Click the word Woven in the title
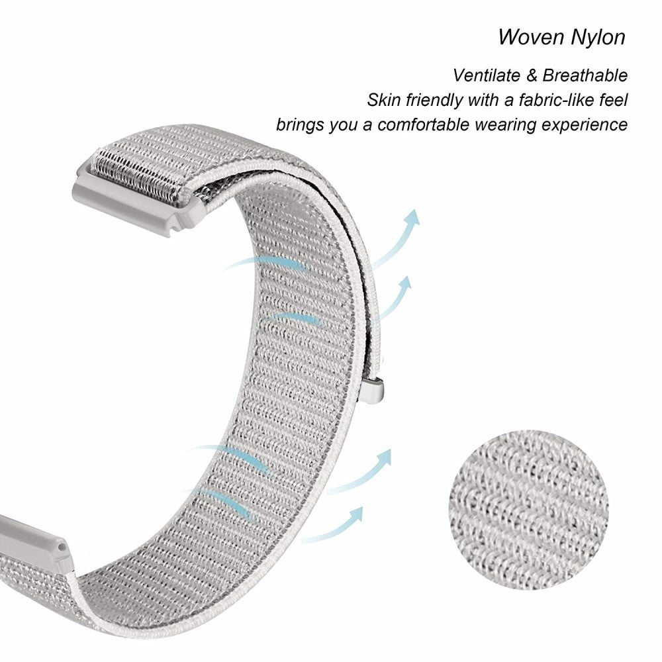(528, 36)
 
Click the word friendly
(434, 101)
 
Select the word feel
(613, 101)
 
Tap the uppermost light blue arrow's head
(412, 217)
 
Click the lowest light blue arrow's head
(357, 513)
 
